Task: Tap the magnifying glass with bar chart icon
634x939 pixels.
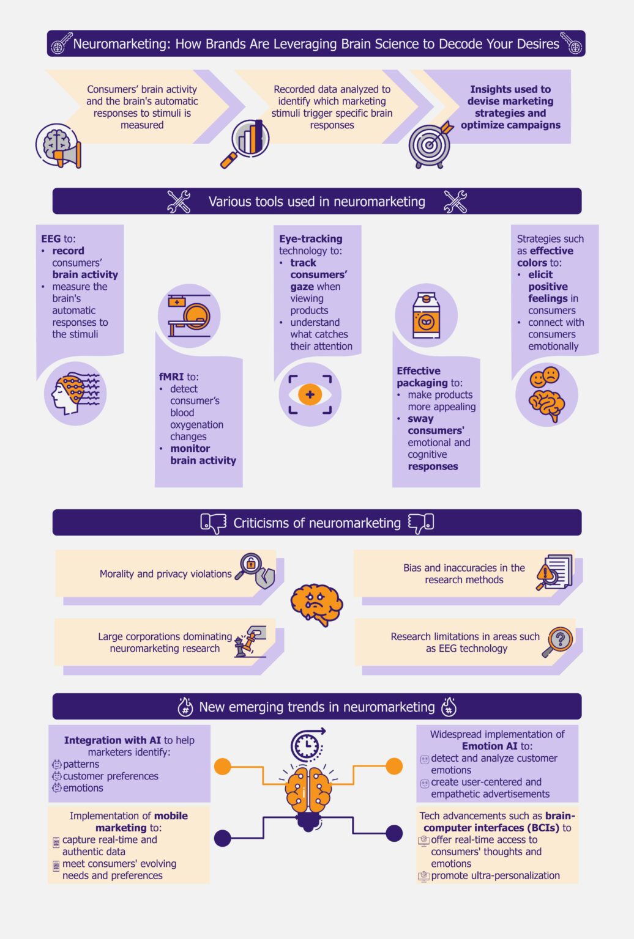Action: coord(245,141)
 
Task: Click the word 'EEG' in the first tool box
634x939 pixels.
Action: coord(51,239)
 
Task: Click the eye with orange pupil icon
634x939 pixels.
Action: coord(310,394)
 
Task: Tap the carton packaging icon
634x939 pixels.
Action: coord(426,315)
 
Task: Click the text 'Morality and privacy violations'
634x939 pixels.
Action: coord(165,574)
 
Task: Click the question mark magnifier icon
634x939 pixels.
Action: coord(558,642)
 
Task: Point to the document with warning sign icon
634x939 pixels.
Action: coord(554,573)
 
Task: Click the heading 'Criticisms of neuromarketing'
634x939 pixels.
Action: coord(317,523)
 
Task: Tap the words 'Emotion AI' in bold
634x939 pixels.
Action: coord(490,746)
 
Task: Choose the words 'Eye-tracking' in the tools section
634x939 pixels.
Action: coord(310,239)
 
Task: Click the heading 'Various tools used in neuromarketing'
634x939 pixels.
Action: coord(316,202)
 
